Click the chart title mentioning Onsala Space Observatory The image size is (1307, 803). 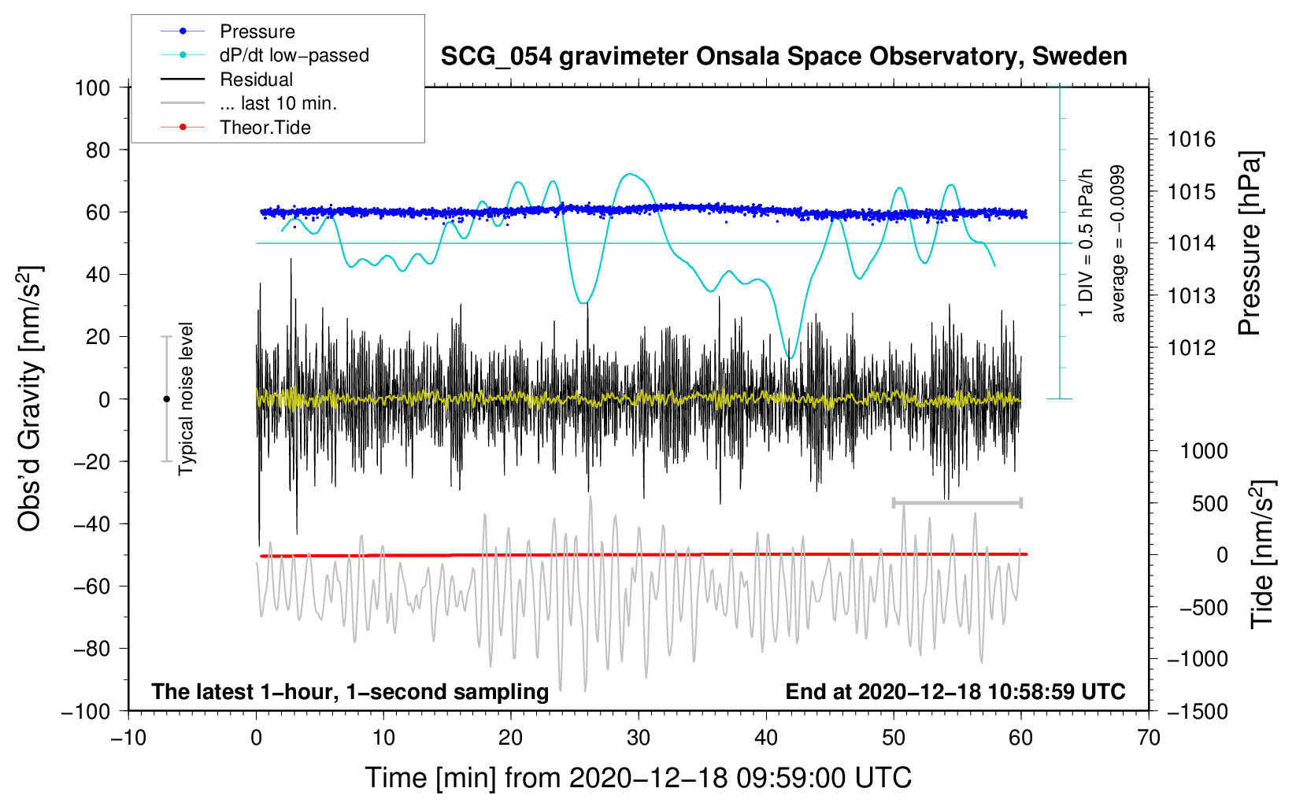[783, 57]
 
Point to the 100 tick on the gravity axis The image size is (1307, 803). [92, 87]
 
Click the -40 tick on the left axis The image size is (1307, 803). [91, 524]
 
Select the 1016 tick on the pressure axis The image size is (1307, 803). [1191, 140]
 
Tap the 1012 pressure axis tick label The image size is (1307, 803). [1191, 347]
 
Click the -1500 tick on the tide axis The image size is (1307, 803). [1197, 711]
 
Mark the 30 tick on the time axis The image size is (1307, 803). [639, 738]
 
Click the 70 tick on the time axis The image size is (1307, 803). [1149, 738]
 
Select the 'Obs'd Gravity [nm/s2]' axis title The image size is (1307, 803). [30, 398]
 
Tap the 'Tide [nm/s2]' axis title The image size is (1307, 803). [1262, 553]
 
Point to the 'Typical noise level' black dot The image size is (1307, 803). [166, 399]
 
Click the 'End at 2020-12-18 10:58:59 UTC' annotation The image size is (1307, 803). [955, 691]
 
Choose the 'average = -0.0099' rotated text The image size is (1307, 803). [1118, 243]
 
